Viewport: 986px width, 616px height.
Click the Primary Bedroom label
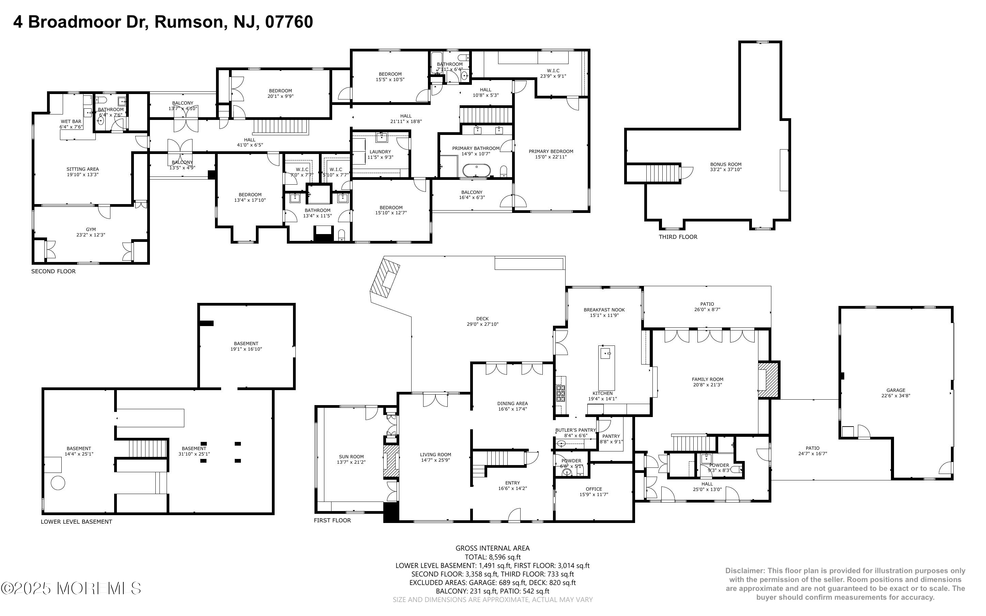click(551, 151)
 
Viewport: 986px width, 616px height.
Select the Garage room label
click(896, 390)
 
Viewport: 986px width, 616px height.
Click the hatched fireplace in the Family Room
click(768, 380)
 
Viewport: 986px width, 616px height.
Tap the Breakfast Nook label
click(604, 310)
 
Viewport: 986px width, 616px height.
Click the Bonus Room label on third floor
click(725, 164)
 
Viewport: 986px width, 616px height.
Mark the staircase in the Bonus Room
click(663, 173)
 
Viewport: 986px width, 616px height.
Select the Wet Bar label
click(71, 121)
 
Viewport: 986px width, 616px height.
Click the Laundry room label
click(380, 152)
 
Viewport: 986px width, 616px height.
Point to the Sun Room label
click(351, 457)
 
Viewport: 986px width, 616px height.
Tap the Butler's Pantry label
click(575, 430)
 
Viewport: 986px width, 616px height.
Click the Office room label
click(594, 489)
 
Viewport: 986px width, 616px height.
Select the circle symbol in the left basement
click(58, 483)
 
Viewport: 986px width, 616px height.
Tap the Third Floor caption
click(678, 237)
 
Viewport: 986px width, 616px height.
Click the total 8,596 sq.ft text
click(492, 557)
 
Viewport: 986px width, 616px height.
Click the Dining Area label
click(512, 403)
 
